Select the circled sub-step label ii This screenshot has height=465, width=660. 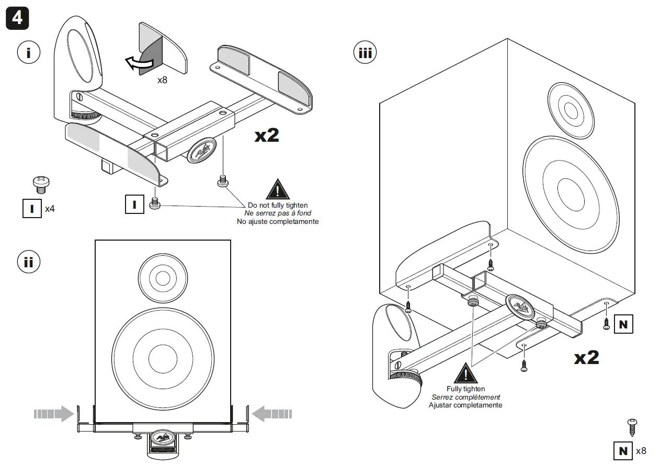pos(28,262)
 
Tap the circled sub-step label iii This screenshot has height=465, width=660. pos(366,52)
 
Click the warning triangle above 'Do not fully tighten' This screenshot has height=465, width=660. pos(277,189)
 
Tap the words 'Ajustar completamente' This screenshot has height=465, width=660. pos(465,405)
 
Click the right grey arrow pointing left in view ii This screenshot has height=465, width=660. pos(271,414)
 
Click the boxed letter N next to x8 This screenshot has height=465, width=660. pos(623,450)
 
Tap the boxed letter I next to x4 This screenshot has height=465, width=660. pos(32,209)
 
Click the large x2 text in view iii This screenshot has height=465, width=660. pos(586,358)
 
